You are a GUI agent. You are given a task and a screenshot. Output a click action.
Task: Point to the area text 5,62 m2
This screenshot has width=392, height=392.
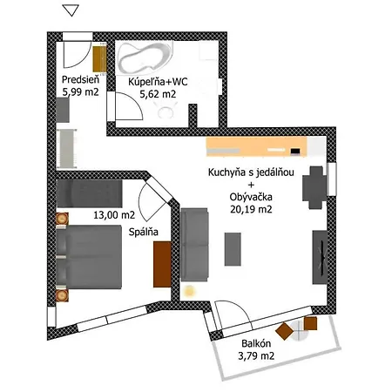click(x=159, y=96)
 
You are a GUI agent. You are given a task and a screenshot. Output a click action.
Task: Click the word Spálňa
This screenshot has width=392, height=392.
click(x=144, y=233)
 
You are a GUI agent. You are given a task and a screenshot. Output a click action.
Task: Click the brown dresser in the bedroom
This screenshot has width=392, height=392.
click(x=163, y=263)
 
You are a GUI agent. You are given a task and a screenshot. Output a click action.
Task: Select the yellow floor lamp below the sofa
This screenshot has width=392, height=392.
click(x=190, y=290)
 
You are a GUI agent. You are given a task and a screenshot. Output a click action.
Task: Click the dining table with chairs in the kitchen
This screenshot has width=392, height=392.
click(x=314, y=181)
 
